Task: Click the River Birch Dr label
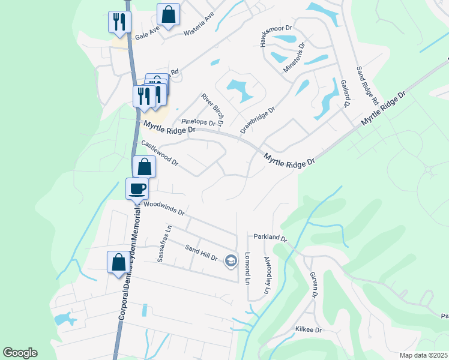click(x=212, y=110)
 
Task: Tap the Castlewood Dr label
click(x=159, y=153)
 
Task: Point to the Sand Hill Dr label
click(x=200, y=253)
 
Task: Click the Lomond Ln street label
click(x=247, y=268)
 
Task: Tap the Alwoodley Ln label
click(x=267, y=275)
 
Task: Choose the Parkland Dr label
click(x=270, y=238)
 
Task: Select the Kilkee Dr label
click(x=309, y=330)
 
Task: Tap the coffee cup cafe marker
click(x=137, y=188)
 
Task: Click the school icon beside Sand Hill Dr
click(x=231, y=260)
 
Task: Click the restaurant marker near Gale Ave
click(x=119, y=22)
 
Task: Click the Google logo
click(x=20, y=353)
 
